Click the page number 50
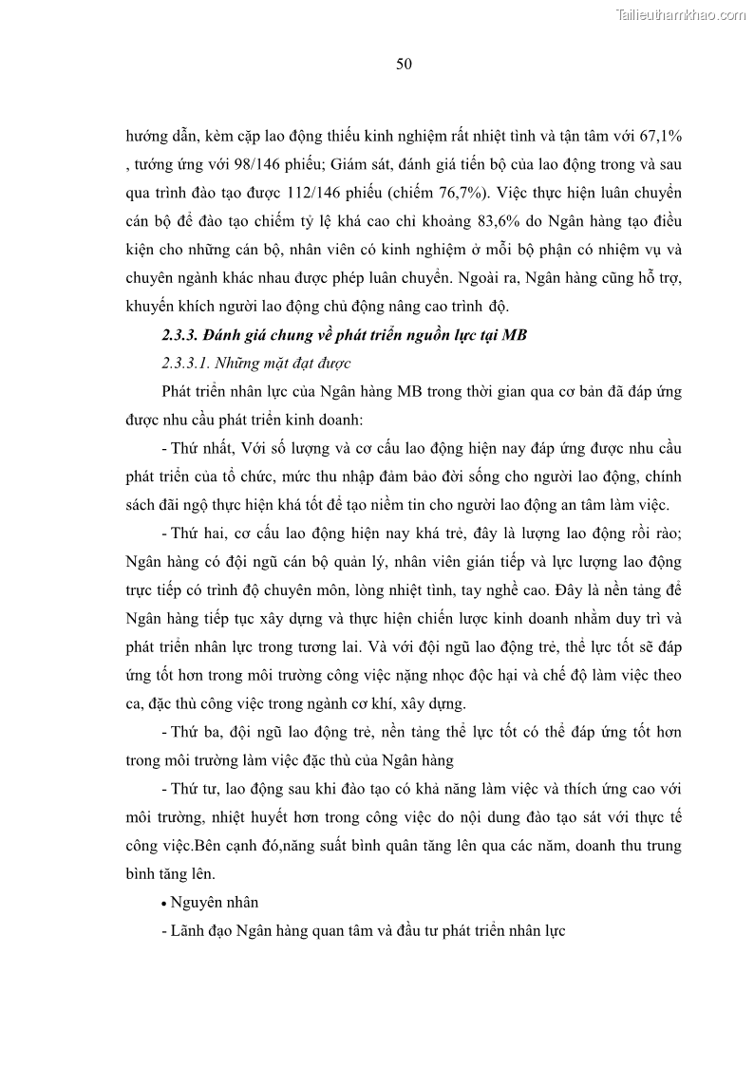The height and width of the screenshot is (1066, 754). pos(403,64)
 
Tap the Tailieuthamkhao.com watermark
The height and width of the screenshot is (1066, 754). pos(682,14)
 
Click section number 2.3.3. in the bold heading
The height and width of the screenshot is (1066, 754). pos(180,334)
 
